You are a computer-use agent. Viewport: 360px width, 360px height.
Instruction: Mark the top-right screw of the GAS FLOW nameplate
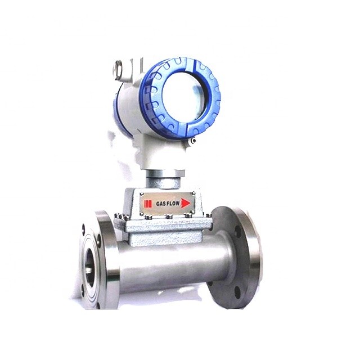coord(193,193)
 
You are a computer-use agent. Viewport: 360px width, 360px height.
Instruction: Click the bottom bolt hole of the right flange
coord(236,292)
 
